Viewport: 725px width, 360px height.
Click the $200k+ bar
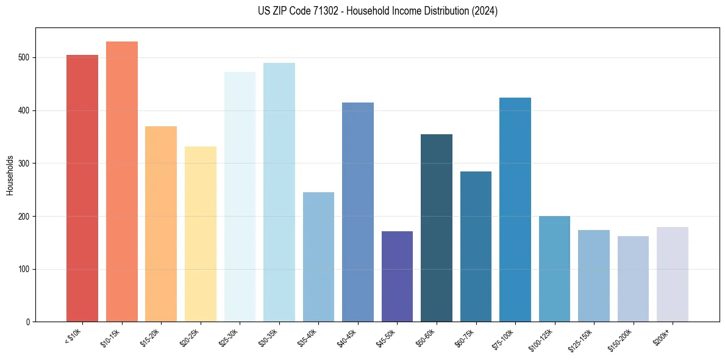[x=673, y=274]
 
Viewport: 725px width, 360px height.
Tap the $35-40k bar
[x=318, y=257]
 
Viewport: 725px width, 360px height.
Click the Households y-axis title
[x=10, y=175]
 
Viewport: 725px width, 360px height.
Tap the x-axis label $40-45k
[x=346, y=337]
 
